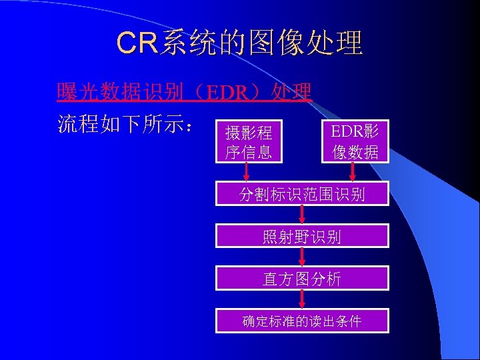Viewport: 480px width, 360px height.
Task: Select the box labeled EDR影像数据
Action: pos(355,141)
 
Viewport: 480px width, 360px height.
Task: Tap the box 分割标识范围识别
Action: pos(301,194)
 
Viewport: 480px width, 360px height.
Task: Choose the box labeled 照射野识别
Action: pos(301,237)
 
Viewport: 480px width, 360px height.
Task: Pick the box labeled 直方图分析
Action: pos(301,279)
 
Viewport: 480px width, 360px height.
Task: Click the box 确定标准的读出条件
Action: pos(301,321)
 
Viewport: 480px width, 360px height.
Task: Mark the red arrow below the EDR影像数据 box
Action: pos(353,172)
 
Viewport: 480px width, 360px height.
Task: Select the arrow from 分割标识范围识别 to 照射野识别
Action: pos(302,215)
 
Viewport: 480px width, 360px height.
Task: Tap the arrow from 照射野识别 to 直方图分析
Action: pos(302,257)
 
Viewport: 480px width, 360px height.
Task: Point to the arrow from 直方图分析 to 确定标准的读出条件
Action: pos(302,299)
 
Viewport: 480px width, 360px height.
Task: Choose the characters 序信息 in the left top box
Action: pos(249,152)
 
